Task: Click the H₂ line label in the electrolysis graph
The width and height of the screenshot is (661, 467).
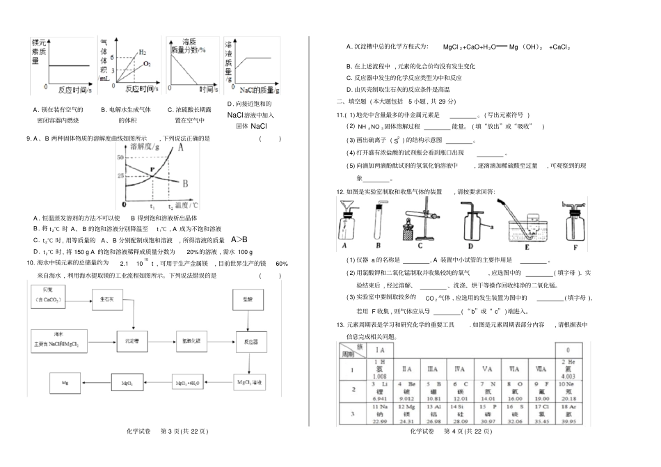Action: tap(143, 52)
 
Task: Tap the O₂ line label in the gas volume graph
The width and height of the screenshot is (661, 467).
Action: tap(147, 63)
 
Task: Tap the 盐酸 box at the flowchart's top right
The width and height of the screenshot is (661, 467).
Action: tap(248, 299)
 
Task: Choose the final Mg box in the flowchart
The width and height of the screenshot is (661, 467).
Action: tap(66, 383)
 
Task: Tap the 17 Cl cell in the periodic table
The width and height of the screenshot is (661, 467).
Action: tap(538, 413)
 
